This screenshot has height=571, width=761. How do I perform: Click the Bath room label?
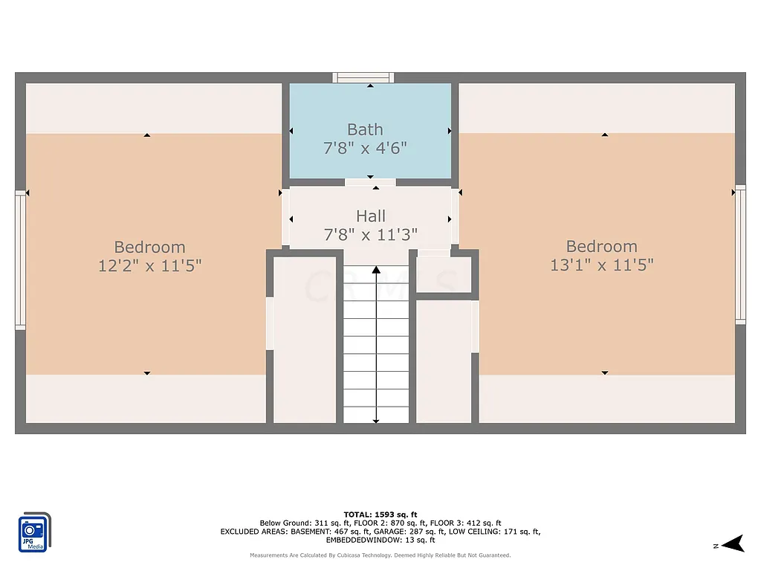coord(365,130)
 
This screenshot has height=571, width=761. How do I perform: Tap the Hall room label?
coord(370,216)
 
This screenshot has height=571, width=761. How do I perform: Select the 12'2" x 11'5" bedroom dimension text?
coord(149,265)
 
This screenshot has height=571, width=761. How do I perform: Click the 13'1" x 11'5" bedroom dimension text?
coord(601,265)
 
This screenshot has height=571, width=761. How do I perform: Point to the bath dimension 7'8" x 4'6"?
coord(365,148)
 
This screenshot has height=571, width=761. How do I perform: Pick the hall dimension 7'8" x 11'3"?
coord(370,234)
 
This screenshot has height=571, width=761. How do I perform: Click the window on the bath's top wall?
coord(363,77)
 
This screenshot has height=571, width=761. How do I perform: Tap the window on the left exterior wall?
coord(20,259)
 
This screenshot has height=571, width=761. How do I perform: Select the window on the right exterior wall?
coord(740,254)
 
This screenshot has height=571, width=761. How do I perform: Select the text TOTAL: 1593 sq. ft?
coord(380,514)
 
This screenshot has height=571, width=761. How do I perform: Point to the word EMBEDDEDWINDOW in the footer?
coord(356,540)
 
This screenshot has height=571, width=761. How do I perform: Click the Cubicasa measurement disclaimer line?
coord(380,555)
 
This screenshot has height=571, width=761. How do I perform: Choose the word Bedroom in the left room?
coord(149,247)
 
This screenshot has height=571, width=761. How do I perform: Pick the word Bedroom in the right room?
coord(601,246)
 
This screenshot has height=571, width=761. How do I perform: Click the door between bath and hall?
coord(370,182)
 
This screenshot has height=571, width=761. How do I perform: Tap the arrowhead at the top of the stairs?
coord(376,269)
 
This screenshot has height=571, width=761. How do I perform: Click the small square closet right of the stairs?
coord(444,275)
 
